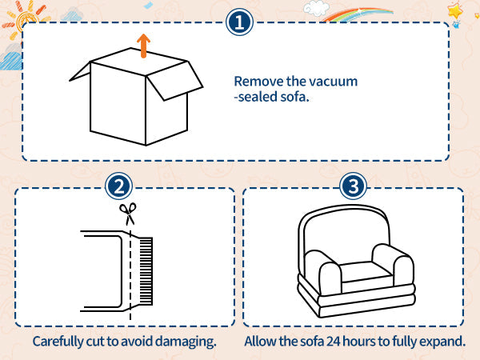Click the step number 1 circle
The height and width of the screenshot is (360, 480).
(239, 22)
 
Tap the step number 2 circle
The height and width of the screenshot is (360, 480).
(118, 186)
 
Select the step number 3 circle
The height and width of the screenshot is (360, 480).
(353, 186)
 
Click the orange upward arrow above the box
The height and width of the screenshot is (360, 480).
(143, 46)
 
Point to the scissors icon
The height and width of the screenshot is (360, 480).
(128, 214)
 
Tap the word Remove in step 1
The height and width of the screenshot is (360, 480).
(258, 82)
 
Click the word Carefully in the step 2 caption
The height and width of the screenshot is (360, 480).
(58, 342)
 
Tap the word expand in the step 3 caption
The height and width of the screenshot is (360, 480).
(442, 342)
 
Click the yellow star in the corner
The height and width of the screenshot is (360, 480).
(455, 12)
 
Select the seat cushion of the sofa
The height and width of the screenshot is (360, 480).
(366, 272)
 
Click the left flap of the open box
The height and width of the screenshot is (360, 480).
(80, 72)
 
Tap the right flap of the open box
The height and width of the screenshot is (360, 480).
(174, 81)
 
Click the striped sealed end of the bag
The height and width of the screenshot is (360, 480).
(146, 271)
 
